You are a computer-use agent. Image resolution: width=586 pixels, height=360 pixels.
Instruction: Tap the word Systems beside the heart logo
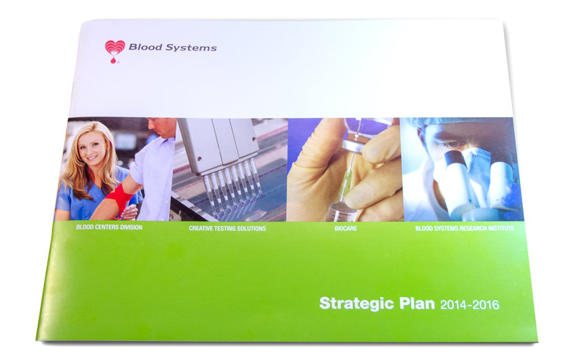tap(194, 48)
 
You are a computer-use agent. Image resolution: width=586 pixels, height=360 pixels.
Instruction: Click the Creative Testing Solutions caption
tap(227, 228)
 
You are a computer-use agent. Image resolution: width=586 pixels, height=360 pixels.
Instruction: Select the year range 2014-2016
tap(469, 303)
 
